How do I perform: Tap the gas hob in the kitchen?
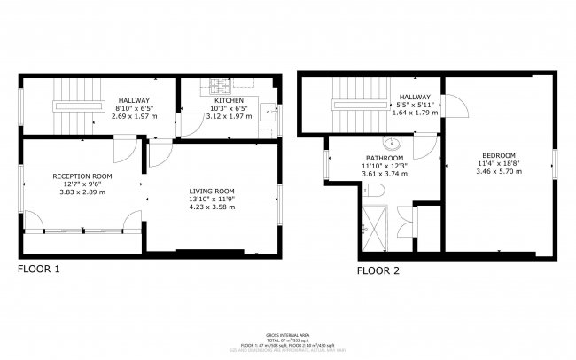click(219, 86)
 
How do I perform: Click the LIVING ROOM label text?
click(212, 191)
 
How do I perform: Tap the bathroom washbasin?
click(391, 143)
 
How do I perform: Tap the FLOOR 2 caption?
click(378, 270)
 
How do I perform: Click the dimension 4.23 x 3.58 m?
click(212, 207)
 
